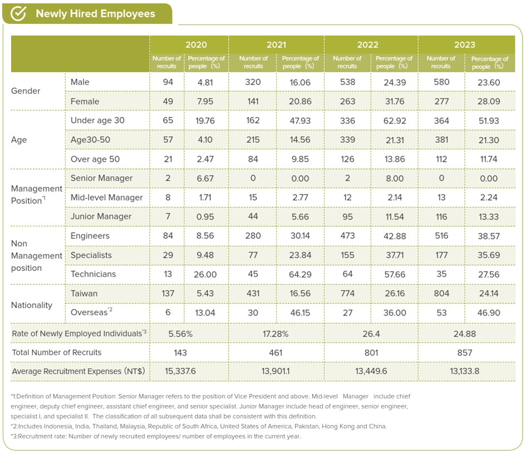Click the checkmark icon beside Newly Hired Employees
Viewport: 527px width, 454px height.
(18, 13)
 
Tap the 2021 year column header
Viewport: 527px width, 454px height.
(276, 44)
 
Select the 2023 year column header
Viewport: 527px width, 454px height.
(465, 44)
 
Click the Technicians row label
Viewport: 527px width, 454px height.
(93, 274)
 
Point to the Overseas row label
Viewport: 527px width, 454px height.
(91, 312)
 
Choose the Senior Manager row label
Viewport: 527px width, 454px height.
(101, 178)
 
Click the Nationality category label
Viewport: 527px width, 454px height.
(32, 305)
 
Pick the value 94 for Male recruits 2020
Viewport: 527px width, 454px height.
(168, 82)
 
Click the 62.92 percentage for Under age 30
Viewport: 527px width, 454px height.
(395, 121)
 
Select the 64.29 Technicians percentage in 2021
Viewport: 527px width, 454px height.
(300, 275)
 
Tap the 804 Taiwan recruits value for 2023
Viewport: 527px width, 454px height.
(441, 293)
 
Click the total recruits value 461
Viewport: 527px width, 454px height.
(275, 353)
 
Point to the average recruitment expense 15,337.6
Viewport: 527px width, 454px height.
(180, 371)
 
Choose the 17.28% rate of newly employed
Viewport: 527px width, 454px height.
(275, 334)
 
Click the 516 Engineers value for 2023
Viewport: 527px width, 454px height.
(441, 236)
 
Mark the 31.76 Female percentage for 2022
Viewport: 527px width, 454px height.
(395, 101)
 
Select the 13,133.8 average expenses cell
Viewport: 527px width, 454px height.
(465, 371)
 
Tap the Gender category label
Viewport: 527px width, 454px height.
(26, 91)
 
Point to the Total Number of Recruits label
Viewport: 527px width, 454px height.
(56, 353)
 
